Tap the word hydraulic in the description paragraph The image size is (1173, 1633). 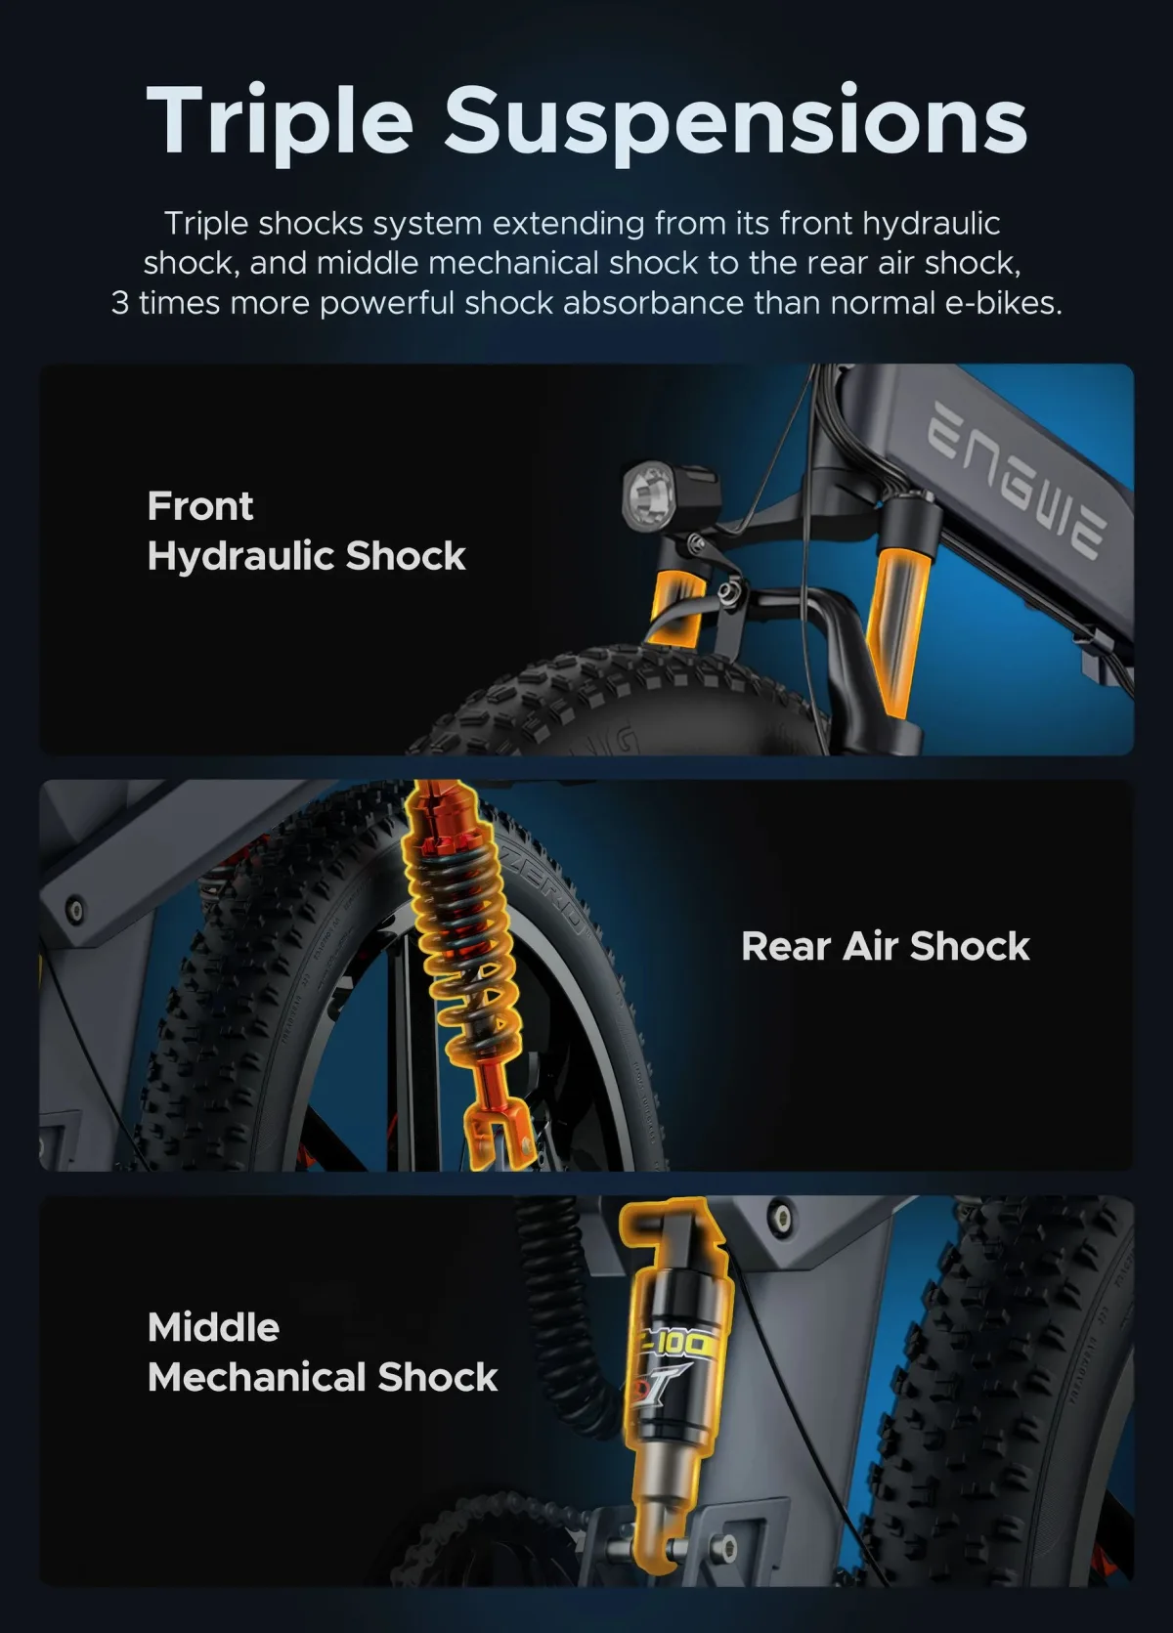(x=931, y=223)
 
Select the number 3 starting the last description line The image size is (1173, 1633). (x=119, y=303)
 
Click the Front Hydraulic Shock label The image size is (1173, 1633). (x=306, y=531)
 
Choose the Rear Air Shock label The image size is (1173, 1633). (x=885, y=946)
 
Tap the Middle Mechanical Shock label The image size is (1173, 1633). (x=323, y=1352)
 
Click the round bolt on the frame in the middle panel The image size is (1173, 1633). (x=73, y=908)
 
